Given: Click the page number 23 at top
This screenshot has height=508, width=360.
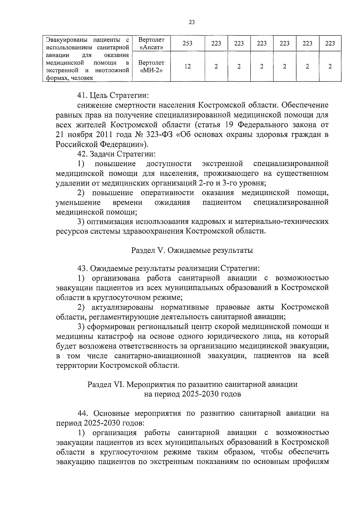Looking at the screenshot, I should (x=192, y=22).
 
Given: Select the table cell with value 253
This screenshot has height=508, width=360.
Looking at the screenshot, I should (x=187, y=43).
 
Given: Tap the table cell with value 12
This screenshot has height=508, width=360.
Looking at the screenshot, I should (x=187, y=66).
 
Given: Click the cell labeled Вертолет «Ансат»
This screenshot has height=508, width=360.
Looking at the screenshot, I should (x=151, y=43).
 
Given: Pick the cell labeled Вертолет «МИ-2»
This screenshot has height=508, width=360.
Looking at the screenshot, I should (x=151, y=66).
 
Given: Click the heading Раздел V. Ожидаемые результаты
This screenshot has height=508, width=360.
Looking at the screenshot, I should (x=192, y=250).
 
